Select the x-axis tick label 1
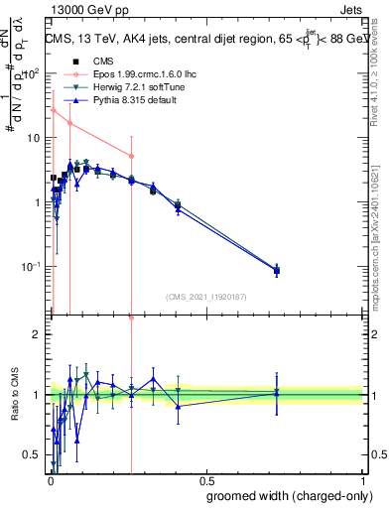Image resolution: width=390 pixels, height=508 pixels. [x=363, y=479]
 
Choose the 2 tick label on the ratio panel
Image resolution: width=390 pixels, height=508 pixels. [x=37, y=334]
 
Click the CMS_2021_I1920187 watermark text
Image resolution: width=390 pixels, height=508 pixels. [x=205, y=297]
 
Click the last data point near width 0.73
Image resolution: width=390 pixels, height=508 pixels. [x=277, y=270]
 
